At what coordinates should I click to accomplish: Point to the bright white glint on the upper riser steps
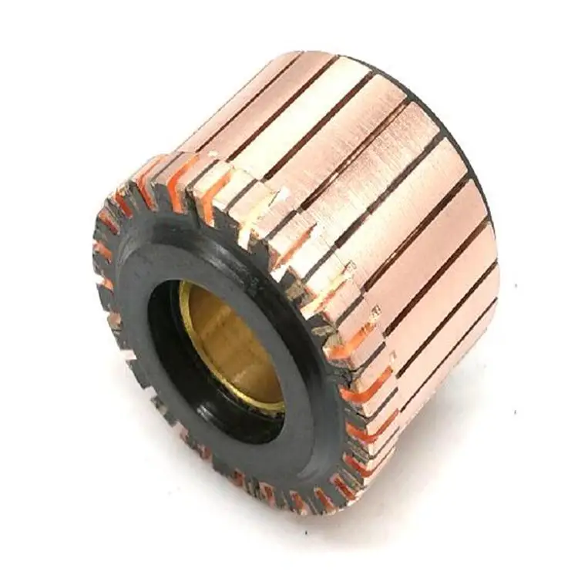(x=254, y=208)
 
